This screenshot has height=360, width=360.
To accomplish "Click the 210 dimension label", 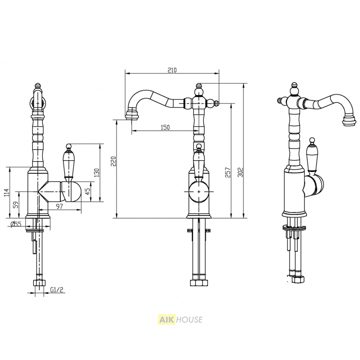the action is point(172,70).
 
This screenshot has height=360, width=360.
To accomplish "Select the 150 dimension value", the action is point(165,127).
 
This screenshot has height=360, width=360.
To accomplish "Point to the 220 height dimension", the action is point(113,161).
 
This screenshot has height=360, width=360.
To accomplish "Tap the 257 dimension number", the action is point(227,172).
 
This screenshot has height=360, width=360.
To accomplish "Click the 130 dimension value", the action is point(97,173).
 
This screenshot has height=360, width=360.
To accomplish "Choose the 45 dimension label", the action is point(88,192).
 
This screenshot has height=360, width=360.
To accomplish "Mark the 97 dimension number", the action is point(59,206).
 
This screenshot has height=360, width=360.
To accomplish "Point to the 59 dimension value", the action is point(16,205).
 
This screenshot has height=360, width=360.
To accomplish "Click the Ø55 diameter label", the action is point(16,224).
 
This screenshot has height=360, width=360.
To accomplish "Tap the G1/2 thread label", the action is point(57,290).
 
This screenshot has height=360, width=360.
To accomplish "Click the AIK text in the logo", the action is point(166,319).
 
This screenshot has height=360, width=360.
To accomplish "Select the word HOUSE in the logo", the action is point(189,319).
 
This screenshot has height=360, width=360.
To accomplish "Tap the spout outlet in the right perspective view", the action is point(350,121).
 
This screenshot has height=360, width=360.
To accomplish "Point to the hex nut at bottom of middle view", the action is point(199,283).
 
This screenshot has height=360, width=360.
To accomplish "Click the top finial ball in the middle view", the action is point(199,92).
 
